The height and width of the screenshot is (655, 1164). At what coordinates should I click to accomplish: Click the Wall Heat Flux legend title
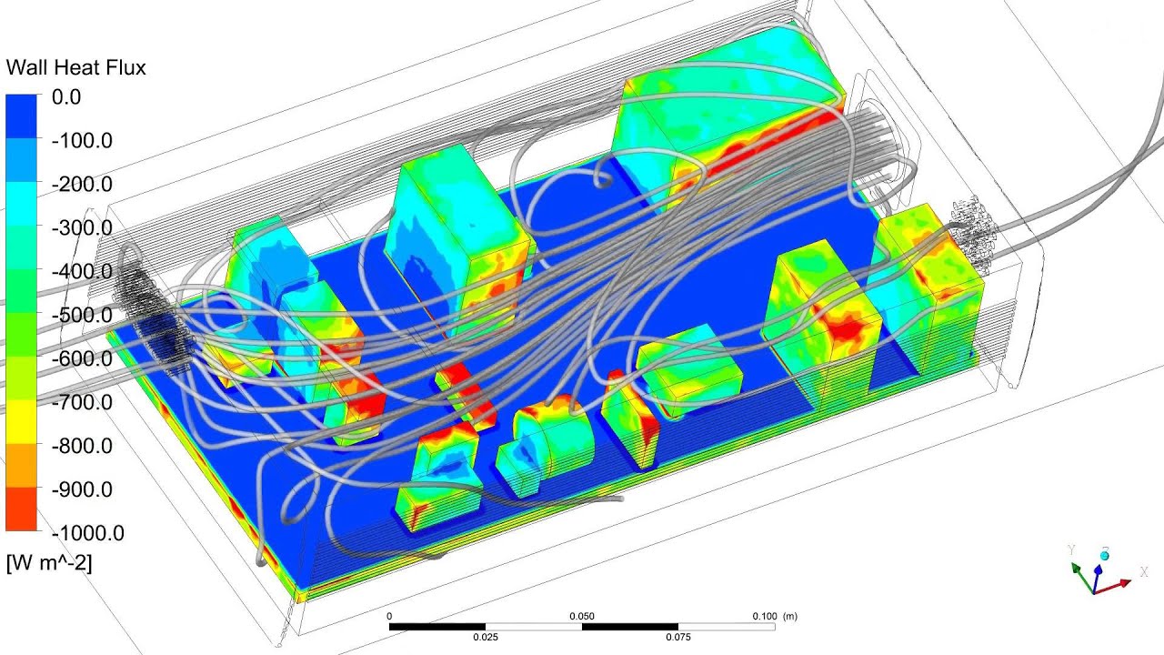[x=75, y=67]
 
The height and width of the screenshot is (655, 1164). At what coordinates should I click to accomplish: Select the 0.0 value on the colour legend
[x=66, y=96]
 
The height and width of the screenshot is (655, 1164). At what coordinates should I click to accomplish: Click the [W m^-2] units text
[x=49, y=562]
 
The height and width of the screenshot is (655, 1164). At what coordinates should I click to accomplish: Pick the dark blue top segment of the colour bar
[x=22, y=116]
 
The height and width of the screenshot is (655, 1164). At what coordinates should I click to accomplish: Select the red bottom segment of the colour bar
[x=22, y=509]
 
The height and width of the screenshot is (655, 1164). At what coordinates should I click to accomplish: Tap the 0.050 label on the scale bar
[x=582, y=616]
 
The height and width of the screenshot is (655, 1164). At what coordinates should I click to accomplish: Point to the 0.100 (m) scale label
[x=775, y=616]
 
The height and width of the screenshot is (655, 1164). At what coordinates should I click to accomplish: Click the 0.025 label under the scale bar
[x=486, y=637]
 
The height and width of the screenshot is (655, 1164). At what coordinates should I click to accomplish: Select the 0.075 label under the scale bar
[x=677, y=637]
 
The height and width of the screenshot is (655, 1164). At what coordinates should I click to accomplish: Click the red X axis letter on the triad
[x=1142, y=574]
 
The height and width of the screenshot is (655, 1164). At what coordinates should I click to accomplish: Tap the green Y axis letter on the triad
[x=1072, y=550]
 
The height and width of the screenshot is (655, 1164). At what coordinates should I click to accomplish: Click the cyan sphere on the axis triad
[x=1105, y=555]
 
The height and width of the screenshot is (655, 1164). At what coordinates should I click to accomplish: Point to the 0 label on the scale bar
[x=389, y=616]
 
